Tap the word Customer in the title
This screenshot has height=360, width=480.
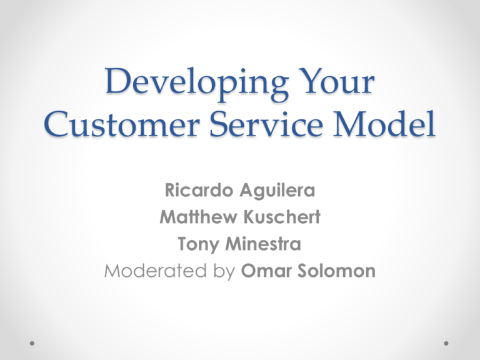click(122, 124)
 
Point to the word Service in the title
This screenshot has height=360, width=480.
click(266, 124)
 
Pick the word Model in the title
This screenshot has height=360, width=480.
click(384, 123)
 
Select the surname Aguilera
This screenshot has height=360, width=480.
click(277, 191)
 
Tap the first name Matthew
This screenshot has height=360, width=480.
click(198, 217)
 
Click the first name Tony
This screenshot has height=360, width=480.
click(198, 244)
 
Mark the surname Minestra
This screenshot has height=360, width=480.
click(263, 244)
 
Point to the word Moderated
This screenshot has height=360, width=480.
click(156, 271)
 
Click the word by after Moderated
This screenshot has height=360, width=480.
click(224, 272)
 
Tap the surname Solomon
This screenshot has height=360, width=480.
click(336, 271)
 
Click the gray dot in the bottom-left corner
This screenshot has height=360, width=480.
click(32, 344)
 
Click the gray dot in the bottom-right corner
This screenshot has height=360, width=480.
click(446, 344)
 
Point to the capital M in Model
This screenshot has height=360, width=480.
click(350, 124)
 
